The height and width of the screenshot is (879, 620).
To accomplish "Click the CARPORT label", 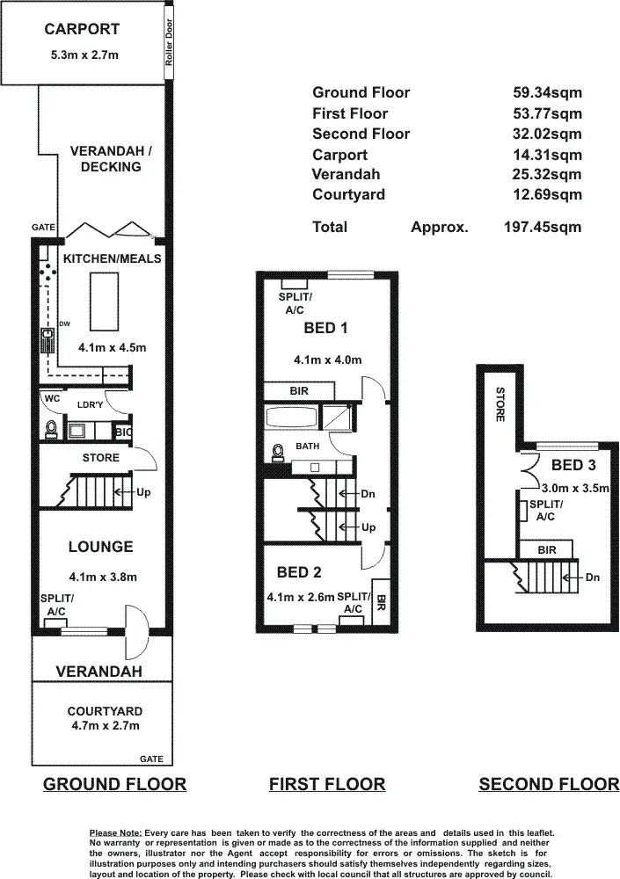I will [x=82, y=29].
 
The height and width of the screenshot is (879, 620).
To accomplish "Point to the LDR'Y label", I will [x=91, y=405].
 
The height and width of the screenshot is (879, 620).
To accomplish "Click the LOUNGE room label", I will [x=100, y=547].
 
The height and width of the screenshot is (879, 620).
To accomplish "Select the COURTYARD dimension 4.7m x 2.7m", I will [x=105, y=725].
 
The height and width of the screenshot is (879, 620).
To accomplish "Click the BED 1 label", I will [x=325, y=328].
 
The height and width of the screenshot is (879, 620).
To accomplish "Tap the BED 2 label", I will [x=298, y=572].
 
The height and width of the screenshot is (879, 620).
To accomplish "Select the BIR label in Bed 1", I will [x=299, y=391].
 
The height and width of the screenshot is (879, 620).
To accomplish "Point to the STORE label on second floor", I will [x=499, y=404].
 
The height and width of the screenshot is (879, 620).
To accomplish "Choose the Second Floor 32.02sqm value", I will [x=547, y=134].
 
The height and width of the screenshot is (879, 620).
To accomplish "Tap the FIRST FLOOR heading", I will [x=327, y=784].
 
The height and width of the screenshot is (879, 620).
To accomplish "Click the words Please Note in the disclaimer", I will [x=115, y=832].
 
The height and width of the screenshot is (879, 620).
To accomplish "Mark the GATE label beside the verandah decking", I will [x=45, y=228].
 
